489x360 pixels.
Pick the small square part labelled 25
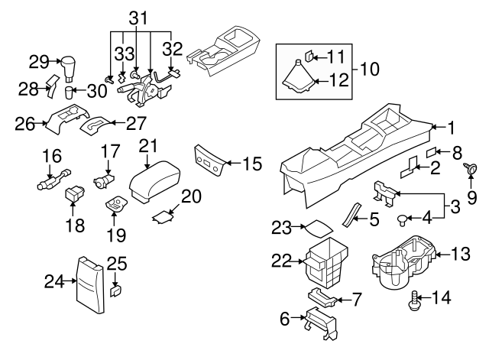click(116, 290)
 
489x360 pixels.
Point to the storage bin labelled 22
click(325, 260)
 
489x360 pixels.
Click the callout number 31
click(137, 17)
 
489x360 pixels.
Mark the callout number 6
click(285, 319)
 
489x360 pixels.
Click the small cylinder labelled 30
click(70, 93)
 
